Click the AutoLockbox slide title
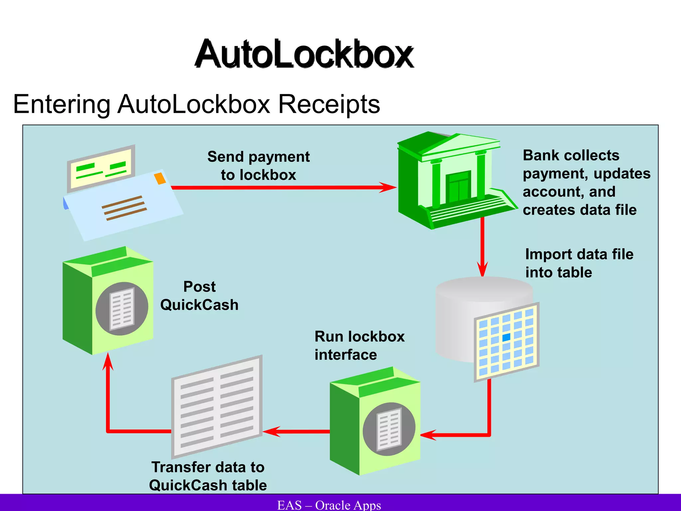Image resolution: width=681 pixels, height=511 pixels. (x=304, y=54)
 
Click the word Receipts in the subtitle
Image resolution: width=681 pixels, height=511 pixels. (x=329, y=104)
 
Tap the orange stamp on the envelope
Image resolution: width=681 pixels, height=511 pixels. (x=160, y=178)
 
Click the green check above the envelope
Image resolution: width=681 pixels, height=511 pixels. (x=101, y=168)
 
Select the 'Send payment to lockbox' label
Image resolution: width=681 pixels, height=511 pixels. (x=258, y=166)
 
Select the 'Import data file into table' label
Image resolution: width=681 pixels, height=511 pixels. (x=579, y=263)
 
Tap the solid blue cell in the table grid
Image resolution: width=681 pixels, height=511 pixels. (x=506, y=337)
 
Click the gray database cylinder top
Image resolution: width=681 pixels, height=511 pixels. (x=484, y=288)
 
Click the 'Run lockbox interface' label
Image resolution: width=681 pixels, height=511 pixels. (x=359, y=346)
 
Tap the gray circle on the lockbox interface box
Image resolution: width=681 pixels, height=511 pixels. (x=389, y=429)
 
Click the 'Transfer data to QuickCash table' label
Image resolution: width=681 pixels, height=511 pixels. (x=208, y=476)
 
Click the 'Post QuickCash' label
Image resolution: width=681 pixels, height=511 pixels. (x=200, y=296)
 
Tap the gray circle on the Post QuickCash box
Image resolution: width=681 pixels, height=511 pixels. (x=122, y=308)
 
